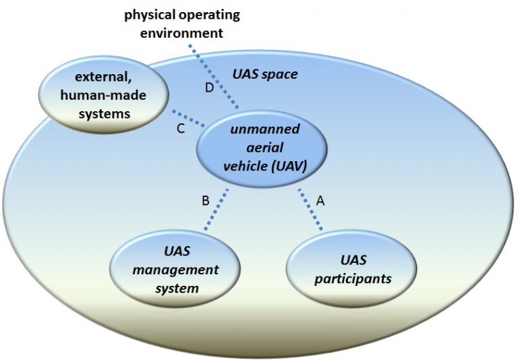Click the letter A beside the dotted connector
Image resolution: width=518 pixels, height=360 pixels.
(x=320, y=200)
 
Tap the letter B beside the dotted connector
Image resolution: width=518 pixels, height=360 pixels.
(x=206, y=200)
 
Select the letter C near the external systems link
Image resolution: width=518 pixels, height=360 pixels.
(x=180, y=129)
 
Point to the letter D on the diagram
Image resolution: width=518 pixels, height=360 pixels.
(x=210, y=88)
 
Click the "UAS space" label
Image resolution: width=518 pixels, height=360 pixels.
(x=265, y=74)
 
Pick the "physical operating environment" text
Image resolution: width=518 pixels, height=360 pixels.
(x=182, y=24)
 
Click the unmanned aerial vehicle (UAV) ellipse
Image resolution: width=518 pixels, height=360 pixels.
(x=262, y=149)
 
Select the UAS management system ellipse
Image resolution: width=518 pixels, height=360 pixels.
(x=175, y=268)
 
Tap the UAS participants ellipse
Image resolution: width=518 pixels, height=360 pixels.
(x=351, y=268)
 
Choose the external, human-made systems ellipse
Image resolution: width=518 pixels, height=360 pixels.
(x=103, y=95)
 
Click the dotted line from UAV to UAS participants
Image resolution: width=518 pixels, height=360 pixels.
(x=310, y=209)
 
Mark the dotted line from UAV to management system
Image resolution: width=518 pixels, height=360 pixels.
(x=217, y=209)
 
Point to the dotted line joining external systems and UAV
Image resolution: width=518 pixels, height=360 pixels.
(x=189, y=118)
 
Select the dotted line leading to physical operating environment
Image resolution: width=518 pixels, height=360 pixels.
(x=213, y=77)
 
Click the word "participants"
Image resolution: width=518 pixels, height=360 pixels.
(x=353, y=279)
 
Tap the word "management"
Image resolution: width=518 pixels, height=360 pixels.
(x=175, y=270)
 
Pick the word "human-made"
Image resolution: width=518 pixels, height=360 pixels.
(x=103, y=96)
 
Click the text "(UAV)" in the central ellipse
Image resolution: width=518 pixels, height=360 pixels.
(x=289, y=166)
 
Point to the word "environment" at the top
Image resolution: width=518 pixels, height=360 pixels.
(x=182, y=33)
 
